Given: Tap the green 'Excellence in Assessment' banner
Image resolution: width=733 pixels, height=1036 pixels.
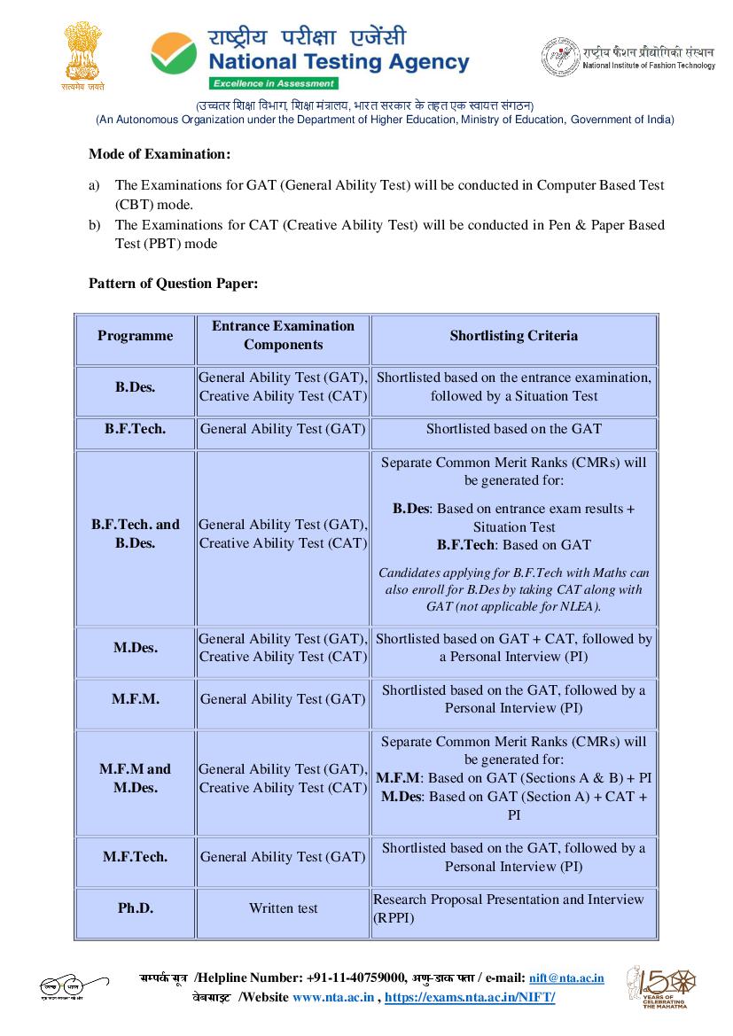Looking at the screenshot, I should (x=274, y=83).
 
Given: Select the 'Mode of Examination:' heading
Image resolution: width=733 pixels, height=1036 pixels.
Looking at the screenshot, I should (x=160, y=154).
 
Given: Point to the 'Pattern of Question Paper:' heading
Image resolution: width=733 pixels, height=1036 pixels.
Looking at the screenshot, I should (x=173, y=284).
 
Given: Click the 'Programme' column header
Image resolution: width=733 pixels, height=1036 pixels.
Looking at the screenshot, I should (x=135, y=336).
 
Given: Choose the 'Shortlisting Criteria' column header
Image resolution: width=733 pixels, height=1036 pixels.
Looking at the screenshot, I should (x=513, y=336).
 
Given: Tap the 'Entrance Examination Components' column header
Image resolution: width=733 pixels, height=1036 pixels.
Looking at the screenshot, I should (x=283, y=336).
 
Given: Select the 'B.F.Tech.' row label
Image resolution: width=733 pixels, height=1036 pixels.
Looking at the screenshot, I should (x=135, y=429).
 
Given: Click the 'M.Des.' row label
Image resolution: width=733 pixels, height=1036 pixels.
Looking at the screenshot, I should (x=135, y=648).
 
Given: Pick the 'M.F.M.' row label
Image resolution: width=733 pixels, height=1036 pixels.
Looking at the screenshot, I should (x=135, y=699).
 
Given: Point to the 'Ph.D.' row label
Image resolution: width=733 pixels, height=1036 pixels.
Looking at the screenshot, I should (x=135, y=908).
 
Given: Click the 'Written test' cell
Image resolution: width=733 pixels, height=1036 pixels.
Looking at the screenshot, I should (x=283, y=908).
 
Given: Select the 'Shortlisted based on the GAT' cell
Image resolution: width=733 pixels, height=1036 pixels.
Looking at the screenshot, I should (x=513, y=429).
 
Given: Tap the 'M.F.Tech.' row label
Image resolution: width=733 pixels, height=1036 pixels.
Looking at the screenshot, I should (x=135, y=857).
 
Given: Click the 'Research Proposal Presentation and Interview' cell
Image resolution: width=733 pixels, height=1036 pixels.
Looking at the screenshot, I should (x=509, y=908).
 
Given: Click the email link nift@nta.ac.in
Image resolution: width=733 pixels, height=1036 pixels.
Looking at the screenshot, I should (x=566, y=978).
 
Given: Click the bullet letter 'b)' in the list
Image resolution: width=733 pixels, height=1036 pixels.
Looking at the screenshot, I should (x=94, y=225).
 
